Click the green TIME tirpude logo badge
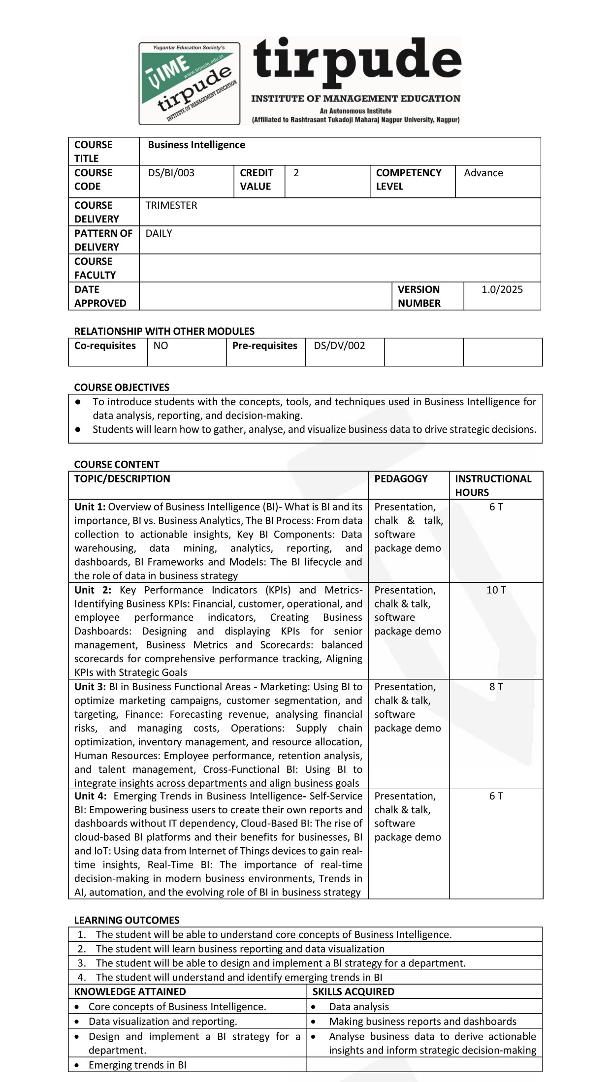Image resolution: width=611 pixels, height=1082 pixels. click(x=190, y=83)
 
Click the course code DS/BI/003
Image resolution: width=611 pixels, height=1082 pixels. click(x=171, y=173)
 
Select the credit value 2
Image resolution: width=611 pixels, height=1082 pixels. click(x=296, y=173)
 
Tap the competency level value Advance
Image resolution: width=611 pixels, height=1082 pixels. click(x=483, y=173)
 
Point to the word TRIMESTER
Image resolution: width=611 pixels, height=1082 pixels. click(x=171, y=205)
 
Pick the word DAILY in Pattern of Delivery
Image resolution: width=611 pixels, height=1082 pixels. click(x=159, y=233)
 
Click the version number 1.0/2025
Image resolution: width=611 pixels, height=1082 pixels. click(x=502, y=289)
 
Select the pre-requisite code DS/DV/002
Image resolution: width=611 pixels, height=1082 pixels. click(x=339, y=346)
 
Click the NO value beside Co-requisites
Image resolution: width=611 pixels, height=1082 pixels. click(x=161, y=346)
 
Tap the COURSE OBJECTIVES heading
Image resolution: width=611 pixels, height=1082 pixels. click(x=122, y=387)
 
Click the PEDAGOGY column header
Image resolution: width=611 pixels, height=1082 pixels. click(x=401, y=479)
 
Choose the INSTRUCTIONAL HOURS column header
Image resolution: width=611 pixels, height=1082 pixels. click(x=493, y=485)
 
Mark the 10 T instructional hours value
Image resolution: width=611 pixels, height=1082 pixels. click(x=496, y=590)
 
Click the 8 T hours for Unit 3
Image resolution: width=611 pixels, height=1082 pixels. click(x=496, y=687)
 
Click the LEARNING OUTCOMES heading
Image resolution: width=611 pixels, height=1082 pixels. click(x=127, y=920)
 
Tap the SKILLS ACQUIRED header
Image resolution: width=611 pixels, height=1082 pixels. click(x=353, y=991)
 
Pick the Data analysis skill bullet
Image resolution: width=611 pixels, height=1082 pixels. click(x=358, y=1007)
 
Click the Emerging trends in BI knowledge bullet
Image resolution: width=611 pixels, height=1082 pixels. click(x=137, y=1065)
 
